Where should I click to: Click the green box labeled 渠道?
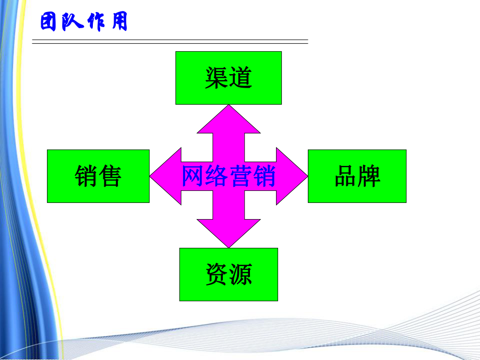coord(229,78)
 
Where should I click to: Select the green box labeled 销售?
coord(98,176)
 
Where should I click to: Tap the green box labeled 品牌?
coord(357,176)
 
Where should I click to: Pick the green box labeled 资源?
coord(229,274)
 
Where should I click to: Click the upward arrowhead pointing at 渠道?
coord(229,117)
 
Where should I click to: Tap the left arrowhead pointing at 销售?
coord(163,176)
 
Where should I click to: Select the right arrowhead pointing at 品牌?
coord(294,176)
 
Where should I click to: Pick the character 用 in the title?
coord(118,23)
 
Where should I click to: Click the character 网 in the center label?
coord(193,176)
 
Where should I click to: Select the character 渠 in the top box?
coord(217,78)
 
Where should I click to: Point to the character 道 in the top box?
coord(241,78)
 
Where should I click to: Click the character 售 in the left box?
coord(110,176)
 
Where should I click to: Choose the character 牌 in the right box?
coord(369,176)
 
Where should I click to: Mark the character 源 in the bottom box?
coord(241,274)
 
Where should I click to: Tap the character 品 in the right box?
coord(345,176)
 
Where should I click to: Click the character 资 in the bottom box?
coord(217,274)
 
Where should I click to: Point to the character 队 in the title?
coord(73,23)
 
